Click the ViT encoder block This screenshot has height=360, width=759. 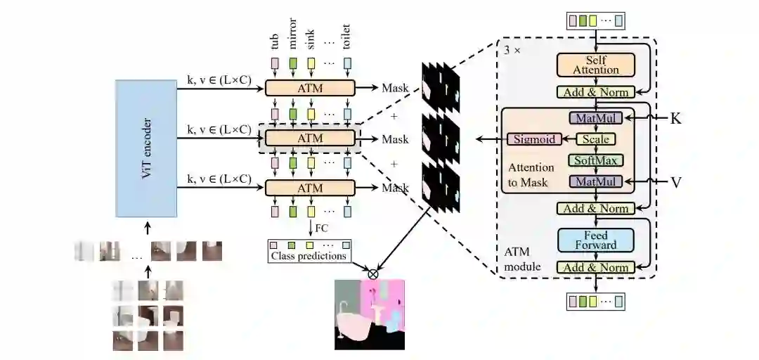point(146,148)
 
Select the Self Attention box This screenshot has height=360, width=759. point(596,65)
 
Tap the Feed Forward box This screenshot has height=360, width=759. point(596,240)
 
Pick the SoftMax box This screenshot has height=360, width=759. point(596,161)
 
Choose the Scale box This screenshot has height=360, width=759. point(596,139)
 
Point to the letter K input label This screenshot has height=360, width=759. point(675,118)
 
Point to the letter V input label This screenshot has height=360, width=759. point(676,182)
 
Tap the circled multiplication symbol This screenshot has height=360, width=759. point(373,274)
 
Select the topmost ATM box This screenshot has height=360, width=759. point(310,89)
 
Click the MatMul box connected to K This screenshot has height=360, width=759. point(596,118)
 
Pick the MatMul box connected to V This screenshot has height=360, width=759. point(596,182)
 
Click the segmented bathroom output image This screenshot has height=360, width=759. point(370,314)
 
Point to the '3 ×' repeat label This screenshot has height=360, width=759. point(512,51)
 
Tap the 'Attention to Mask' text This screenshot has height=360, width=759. point(531,174)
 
